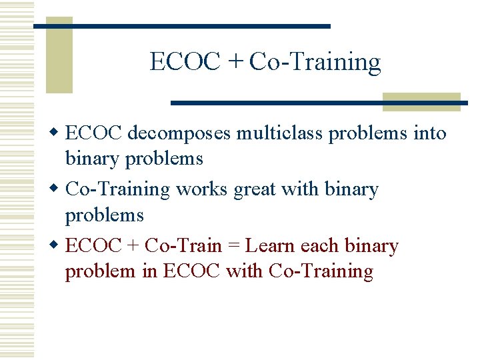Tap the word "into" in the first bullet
430,133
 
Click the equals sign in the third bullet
233,246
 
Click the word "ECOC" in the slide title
185,62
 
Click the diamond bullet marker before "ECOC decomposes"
57,133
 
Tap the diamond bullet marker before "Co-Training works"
57,189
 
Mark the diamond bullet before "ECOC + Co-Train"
57,245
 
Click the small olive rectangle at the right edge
421,101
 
